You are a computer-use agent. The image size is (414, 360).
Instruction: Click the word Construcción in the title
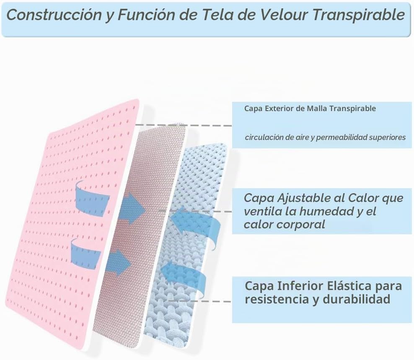click(54, 15)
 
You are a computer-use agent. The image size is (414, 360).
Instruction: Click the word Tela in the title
click(218, 15)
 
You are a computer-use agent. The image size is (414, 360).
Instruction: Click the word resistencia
click(277, 299)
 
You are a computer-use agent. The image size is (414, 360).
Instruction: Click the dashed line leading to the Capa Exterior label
click(183, 125)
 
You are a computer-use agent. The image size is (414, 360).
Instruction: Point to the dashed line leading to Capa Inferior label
click(199, 301)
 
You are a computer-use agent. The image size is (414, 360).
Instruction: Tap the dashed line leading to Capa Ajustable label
click(195, 211)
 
